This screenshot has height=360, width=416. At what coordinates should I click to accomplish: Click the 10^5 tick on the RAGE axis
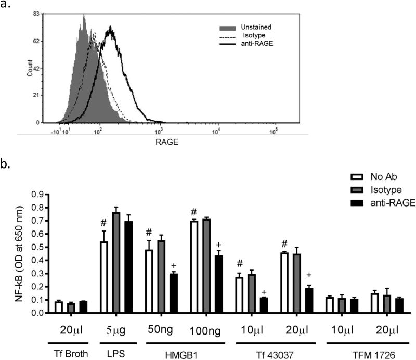(x=272, y=131)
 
